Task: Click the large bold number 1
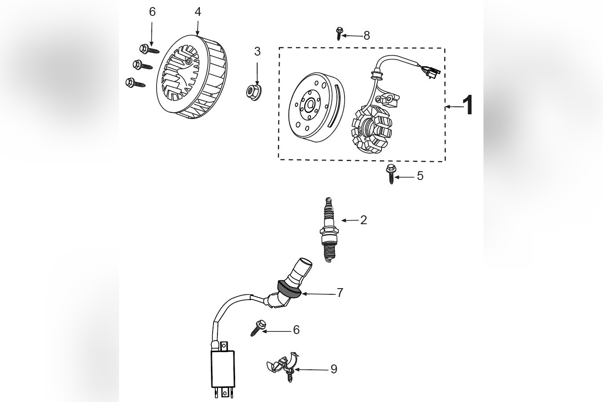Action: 468,106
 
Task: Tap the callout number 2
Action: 363,220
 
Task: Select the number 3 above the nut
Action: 257,52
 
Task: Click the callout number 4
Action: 198,12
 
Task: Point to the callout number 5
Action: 420,176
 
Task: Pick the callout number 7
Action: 340,293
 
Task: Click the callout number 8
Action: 367,36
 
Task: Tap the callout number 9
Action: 334,369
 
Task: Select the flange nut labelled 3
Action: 255,91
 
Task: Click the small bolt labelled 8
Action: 339,33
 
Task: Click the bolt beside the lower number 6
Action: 258,328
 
